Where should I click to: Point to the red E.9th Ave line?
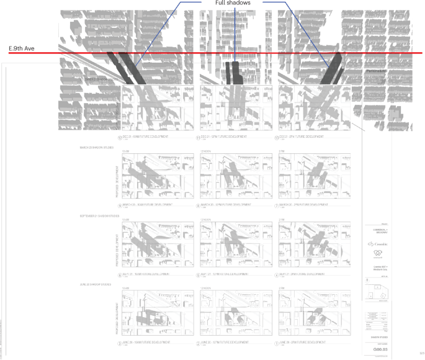click(186, 53)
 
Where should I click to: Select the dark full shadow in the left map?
click(127, 70)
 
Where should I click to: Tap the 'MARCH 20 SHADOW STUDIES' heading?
click(96, 148)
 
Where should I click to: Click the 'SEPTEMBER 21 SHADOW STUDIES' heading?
click(99, 216)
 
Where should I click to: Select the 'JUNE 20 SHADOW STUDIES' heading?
click(96, 284)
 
